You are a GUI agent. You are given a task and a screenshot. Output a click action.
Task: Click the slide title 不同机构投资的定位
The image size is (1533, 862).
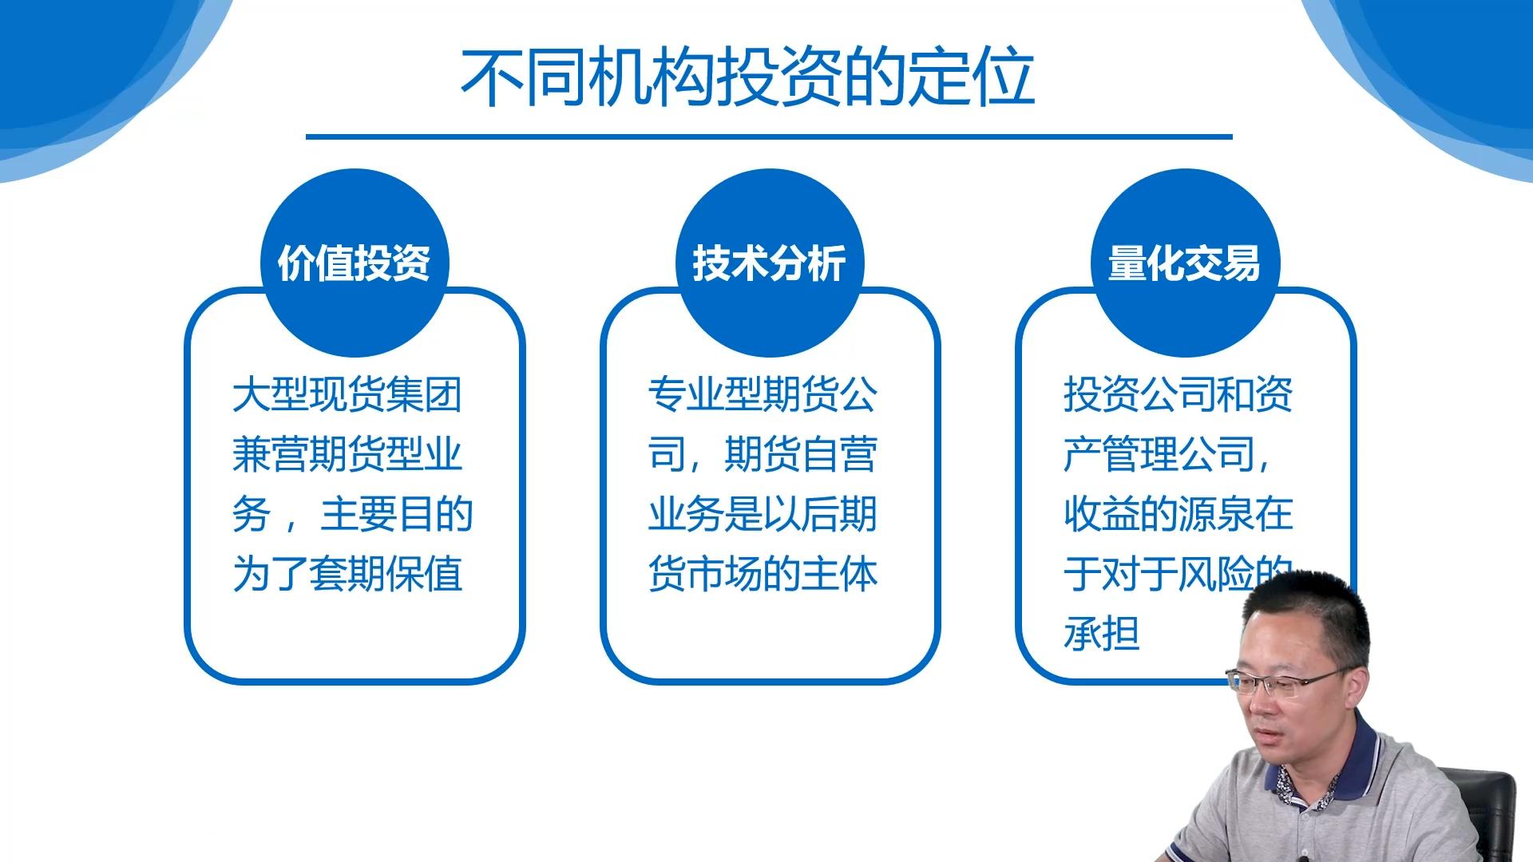[x=748, y=78]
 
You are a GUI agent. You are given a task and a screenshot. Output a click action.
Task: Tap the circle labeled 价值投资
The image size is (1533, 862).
[x=354, y=263]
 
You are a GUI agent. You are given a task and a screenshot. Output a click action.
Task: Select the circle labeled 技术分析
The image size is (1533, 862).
[x=769, y=263]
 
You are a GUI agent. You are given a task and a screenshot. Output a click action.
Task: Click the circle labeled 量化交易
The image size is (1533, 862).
[x=1184, y=263]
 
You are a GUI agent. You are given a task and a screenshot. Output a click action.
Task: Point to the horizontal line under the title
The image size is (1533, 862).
[x=768, y=136]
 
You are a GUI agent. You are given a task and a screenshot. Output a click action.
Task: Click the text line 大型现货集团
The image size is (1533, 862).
[x=347, y=395]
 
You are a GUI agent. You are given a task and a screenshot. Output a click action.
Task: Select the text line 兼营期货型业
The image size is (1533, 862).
[x=347, y=455]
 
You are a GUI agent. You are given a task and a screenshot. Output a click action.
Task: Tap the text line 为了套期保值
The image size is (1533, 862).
[x=347, y=574]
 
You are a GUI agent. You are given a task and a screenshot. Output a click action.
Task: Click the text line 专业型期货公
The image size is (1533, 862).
[x=763, y=395]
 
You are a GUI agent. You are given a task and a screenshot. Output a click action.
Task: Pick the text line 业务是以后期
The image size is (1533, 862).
[x=763, y=515]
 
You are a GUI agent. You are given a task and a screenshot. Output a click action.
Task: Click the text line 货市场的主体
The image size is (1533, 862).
[x=763, y=574]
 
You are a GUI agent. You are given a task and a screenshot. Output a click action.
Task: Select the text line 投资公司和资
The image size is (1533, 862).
[x=1178, y=395]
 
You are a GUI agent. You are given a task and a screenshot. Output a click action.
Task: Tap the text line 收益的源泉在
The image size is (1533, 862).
[x=1178, y=515]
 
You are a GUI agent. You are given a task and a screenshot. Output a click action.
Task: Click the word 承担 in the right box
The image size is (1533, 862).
[x=1101, y=634]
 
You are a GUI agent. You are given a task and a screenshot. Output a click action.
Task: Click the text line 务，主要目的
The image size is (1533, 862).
[x=351, y=515]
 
